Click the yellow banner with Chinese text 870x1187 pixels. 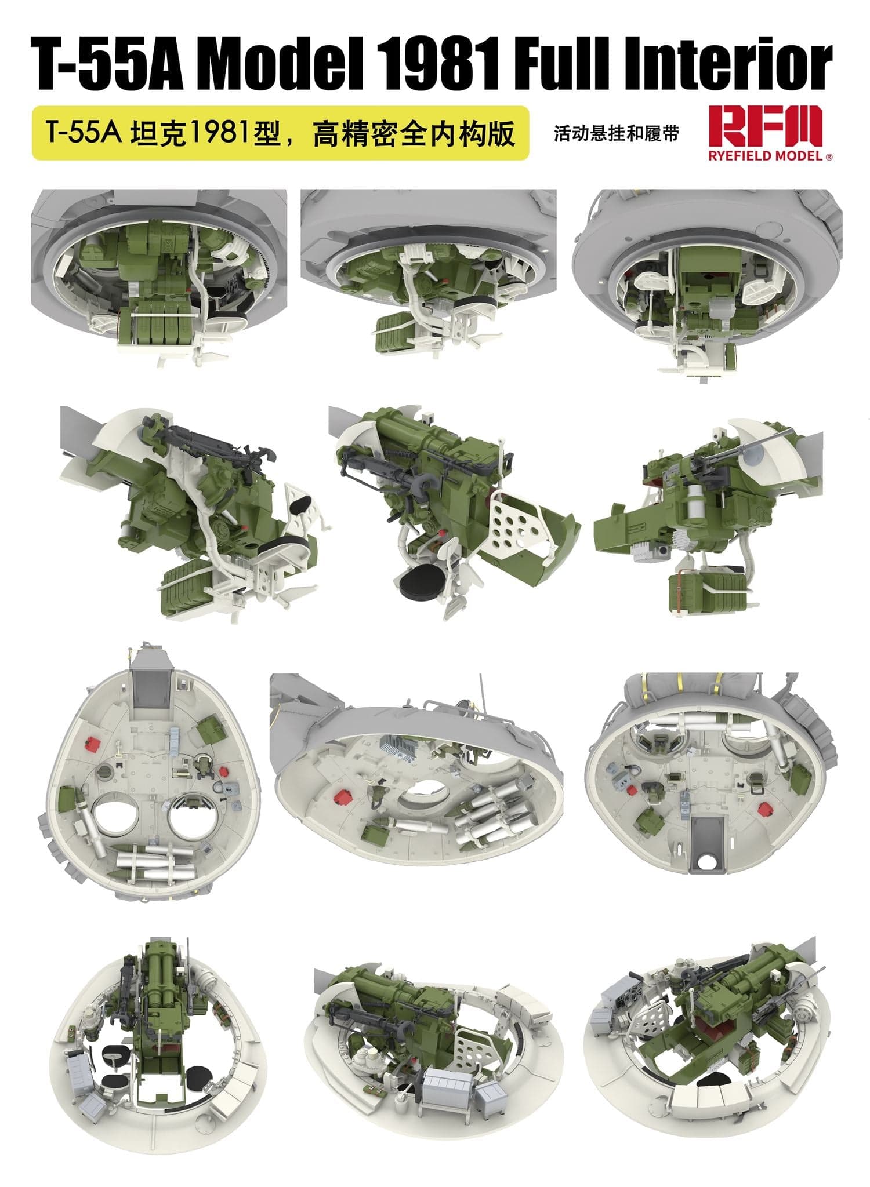[280, 133]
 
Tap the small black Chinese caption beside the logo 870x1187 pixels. [615, 134]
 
